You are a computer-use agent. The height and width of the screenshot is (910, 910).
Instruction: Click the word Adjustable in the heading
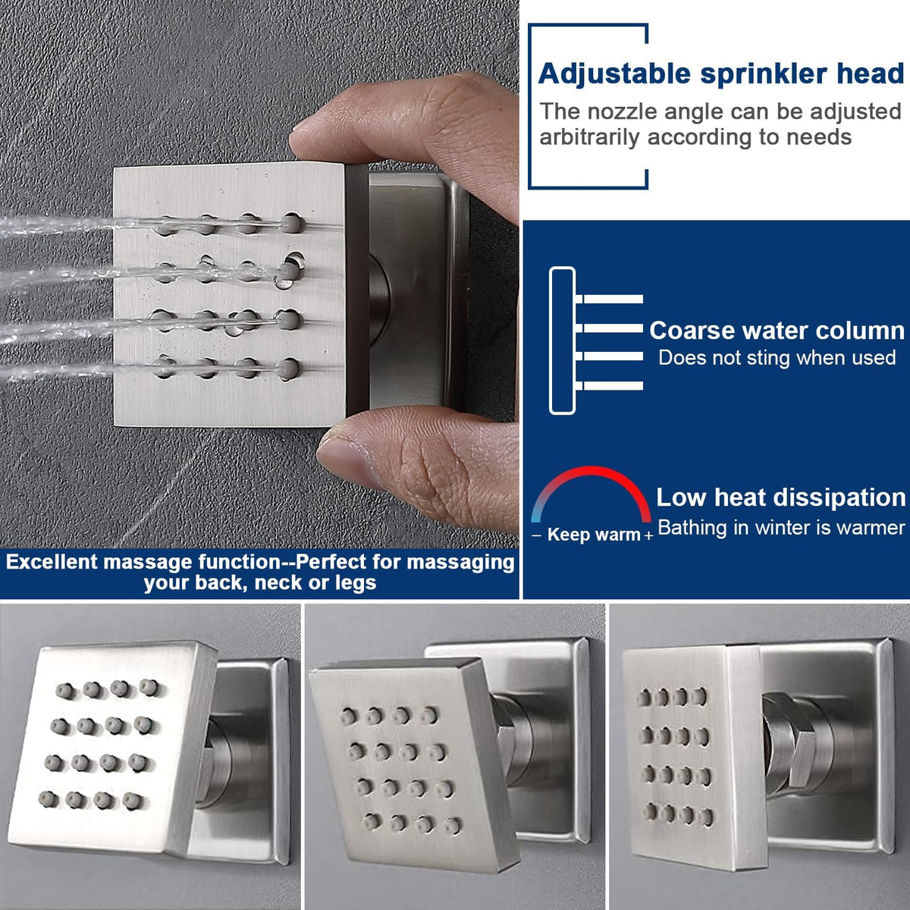(615, 74)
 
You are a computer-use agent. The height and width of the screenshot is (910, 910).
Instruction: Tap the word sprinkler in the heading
(764, 74)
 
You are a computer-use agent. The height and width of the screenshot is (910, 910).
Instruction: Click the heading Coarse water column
(777, 331)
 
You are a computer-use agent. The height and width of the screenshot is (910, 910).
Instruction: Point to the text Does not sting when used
(777, 357)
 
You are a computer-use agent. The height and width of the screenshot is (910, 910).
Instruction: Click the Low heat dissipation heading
(780, 497)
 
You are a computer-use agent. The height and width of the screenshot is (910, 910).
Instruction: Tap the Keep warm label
(594, 535)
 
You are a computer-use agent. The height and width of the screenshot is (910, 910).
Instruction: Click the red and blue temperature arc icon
(591, 472)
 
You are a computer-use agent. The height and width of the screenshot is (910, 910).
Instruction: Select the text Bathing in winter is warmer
(781, 528)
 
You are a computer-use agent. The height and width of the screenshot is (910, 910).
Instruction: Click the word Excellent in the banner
(52, 562)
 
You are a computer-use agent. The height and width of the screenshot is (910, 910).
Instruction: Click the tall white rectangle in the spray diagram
(562, 340)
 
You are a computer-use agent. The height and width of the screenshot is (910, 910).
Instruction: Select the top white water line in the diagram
(609, 299)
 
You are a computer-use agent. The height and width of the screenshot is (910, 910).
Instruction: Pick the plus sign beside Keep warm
(648, 535)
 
